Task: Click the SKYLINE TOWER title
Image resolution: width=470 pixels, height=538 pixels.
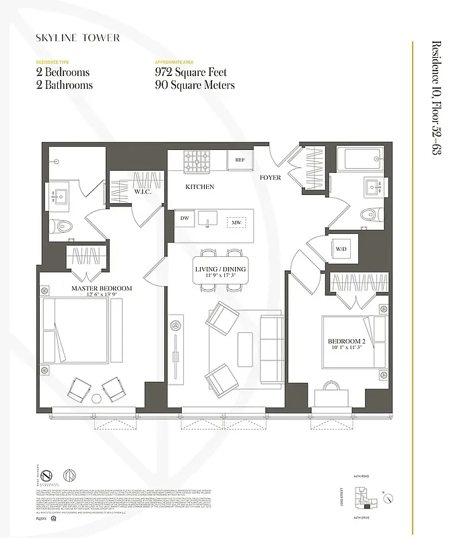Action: coord(77,38)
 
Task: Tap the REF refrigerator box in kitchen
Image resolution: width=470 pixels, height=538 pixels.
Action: coord(239,160)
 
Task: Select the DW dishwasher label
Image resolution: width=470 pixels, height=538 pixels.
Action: coord(184,218)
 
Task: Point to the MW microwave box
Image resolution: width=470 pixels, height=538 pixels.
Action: coord(236,222)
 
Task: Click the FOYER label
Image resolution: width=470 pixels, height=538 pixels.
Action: coord(271,178)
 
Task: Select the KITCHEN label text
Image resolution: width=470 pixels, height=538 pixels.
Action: coord(200,186)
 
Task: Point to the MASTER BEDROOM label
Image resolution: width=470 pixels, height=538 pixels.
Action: coord(102,288)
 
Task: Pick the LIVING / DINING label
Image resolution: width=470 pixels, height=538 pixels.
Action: coord(220,268)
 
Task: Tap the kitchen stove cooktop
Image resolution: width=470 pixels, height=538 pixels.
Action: coord(197,161)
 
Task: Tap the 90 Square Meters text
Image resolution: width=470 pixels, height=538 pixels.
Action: coord(195,85)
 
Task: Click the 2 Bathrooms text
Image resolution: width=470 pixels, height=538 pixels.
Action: coord(65,85)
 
